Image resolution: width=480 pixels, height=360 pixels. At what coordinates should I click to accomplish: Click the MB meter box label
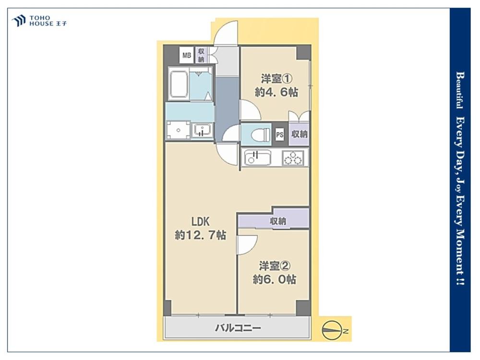(186, 55)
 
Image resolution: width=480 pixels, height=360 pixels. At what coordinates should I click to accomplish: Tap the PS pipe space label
(279, 134)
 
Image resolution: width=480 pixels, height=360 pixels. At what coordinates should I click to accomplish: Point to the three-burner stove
(293, 158)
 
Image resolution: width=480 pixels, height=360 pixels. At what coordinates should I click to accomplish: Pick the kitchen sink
(257, 157)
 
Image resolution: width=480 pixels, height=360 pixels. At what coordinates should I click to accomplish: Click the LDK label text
(201, 221)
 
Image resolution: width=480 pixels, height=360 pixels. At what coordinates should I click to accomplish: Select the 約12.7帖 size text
(201, 235)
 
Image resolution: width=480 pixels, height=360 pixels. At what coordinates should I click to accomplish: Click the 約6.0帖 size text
(274, 279)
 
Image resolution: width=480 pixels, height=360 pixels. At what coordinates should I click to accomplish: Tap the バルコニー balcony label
(238, 328)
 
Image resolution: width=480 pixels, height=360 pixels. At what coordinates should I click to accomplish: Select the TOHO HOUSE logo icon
(19, 21)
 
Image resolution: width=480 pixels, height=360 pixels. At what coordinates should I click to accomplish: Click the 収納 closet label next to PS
(300, 134)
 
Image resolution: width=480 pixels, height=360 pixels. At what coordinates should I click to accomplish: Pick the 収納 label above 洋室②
(278, 221)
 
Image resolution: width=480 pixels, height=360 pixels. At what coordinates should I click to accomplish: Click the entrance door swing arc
(226, 31)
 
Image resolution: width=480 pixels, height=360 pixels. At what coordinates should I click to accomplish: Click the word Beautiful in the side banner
(459, 90)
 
